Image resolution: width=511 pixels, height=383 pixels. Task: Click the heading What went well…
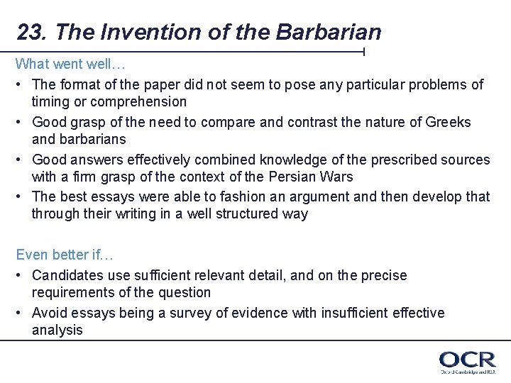click(x=60, y=64)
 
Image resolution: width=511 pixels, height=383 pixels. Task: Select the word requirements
click(x=76, y=292)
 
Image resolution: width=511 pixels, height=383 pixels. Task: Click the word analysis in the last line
click(x=57, y=330)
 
